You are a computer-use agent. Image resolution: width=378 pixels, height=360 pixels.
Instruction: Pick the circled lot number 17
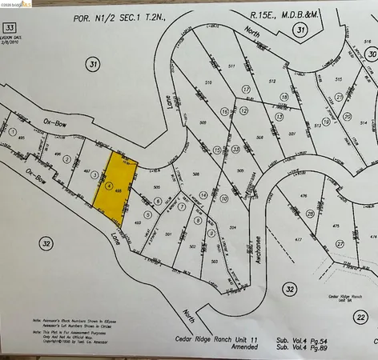[x=246, y=90]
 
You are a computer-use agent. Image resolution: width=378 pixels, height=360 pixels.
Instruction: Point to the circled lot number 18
[x=283, y=97]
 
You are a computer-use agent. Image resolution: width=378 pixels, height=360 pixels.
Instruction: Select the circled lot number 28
[x=310, y=214]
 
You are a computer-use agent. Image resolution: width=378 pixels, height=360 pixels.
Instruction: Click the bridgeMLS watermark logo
[x=17, y=6]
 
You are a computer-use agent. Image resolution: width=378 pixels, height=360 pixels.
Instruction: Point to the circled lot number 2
[x=66, y=158]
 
